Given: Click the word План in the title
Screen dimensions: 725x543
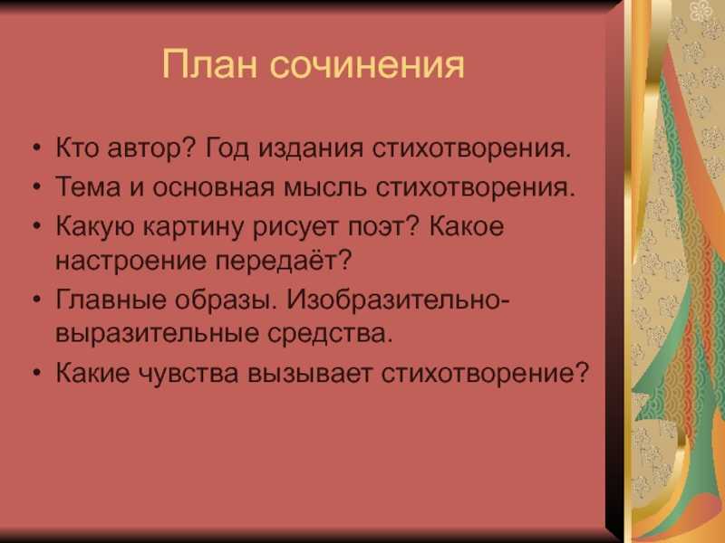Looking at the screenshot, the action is (209, 64).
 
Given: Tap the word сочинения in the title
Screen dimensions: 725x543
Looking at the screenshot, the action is (367, 65).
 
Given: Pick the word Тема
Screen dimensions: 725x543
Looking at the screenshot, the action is (88, 186).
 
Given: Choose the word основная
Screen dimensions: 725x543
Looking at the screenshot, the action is (214, 187).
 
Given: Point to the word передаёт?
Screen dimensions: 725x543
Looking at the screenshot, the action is (284, 261).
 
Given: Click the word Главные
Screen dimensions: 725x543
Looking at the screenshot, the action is (111, 300).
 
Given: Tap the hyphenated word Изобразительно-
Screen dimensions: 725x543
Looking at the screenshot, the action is (398, 300).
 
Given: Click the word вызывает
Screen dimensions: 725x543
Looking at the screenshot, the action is (310, 373).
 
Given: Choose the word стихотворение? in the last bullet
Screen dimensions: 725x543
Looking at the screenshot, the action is (486, 372).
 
